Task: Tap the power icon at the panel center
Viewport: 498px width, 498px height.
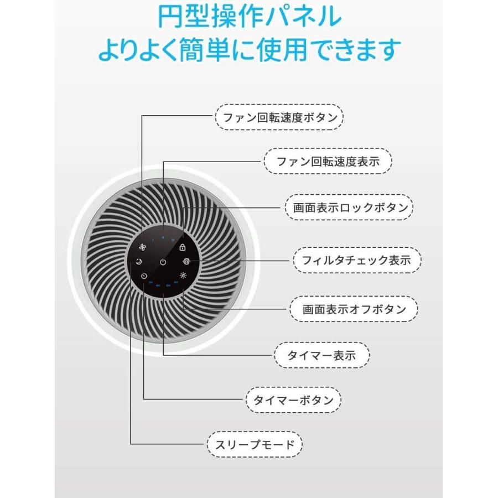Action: coord(163,262)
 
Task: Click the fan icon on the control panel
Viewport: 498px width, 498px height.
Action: coord(143,247)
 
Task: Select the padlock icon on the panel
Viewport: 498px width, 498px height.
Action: coord(182,247)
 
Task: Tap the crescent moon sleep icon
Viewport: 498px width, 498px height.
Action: coord(139,262)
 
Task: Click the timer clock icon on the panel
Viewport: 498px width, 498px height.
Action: coord(144,276)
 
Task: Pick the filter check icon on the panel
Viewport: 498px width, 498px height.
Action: coord(186,261)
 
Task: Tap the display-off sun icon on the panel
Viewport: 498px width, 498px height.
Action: coord(183,275)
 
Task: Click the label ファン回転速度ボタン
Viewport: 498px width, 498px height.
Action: coord(279,117)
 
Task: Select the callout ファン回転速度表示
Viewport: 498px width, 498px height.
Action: coord(328,162)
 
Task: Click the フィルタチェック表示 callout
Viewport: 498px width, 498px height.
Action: coord(357,261)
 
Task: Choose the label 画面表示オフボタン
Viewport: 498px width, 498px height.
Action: coord(354,309)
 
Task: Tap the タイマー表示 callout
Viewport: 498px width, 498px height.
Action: coord(321,355)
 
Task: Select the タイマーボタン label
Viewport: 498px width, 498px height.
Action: coord(293,400)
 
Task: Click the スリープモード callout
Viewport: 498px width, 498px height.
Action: coord(255,444)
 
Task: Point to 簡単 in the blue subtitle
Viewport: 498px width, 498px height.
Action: coord(205,49)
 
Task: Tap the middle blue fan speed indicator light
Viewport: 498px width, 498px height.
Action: coord(163,237)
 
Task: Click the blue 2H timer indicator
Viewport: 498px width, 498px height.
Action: coord(151,282)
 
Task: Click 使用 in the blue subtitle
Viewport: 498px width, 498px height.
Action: coord(282,49)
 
